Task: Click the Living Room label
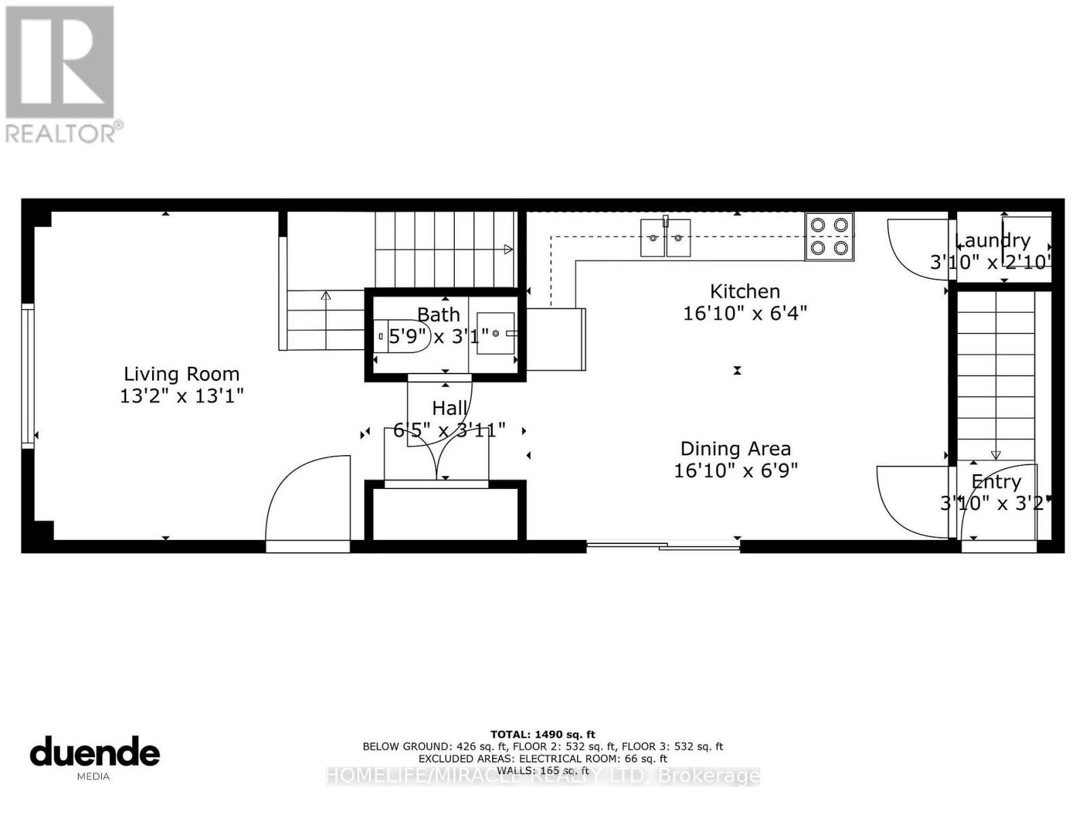point(181,374)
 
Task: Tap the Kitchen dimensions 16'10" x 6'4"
point(745,313)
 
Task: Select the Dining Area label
point(735,449)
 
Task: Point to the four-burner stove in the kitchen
point(829,236)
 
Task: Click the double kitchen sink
point(665,238)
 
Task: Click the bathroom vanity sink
point(495,333)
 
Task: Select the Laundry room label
point(992,240)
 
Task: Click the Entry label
point(996,482)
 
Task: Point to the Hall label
point(449,408)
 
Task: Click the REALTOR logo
point(61,75)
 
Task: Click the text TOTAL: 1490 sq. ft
point(542,734)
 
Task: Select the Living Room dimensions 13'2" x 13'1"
point(181,395)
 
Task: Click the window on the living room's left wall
point(28,376)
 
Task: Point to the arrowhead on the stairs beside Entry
point(996,455)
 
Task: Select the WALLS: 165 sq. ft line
point(542,771)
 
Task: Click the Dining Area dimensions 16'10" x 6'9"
point(735,470)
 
